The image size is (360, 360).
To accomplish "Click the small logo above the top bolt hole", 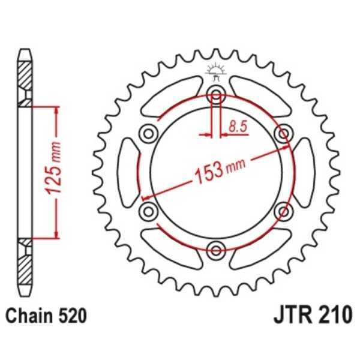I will pos(215,71).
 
